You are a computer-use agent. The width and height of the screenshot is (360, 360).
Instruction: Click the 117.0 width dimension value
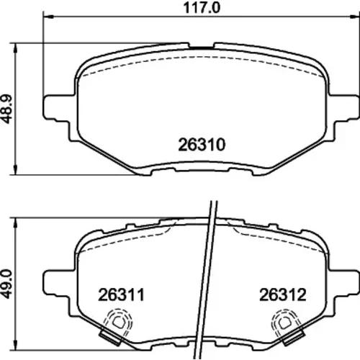pos(202,8)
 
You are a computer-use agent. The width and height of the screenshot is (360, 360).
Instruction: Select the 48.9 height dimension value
pos(6,109)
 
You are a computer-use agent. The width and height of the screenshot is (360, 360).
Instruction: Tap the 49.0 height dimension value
pos(6,284)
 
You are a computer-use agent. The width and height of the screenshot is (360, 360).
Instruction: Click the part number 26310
pos(202,145)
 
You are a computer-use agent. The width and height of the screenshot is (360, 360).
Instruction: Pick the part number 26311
pos(121,294)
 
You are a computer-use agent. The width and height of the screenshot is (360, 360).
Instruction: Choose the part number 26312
pos(283,294)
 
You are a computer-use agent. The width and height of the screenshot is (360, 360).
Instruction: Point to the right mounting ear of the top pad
pos(343,107)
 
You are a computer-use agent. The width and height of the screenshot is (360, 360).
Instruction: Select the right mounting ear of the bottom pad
pos(343,282)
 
